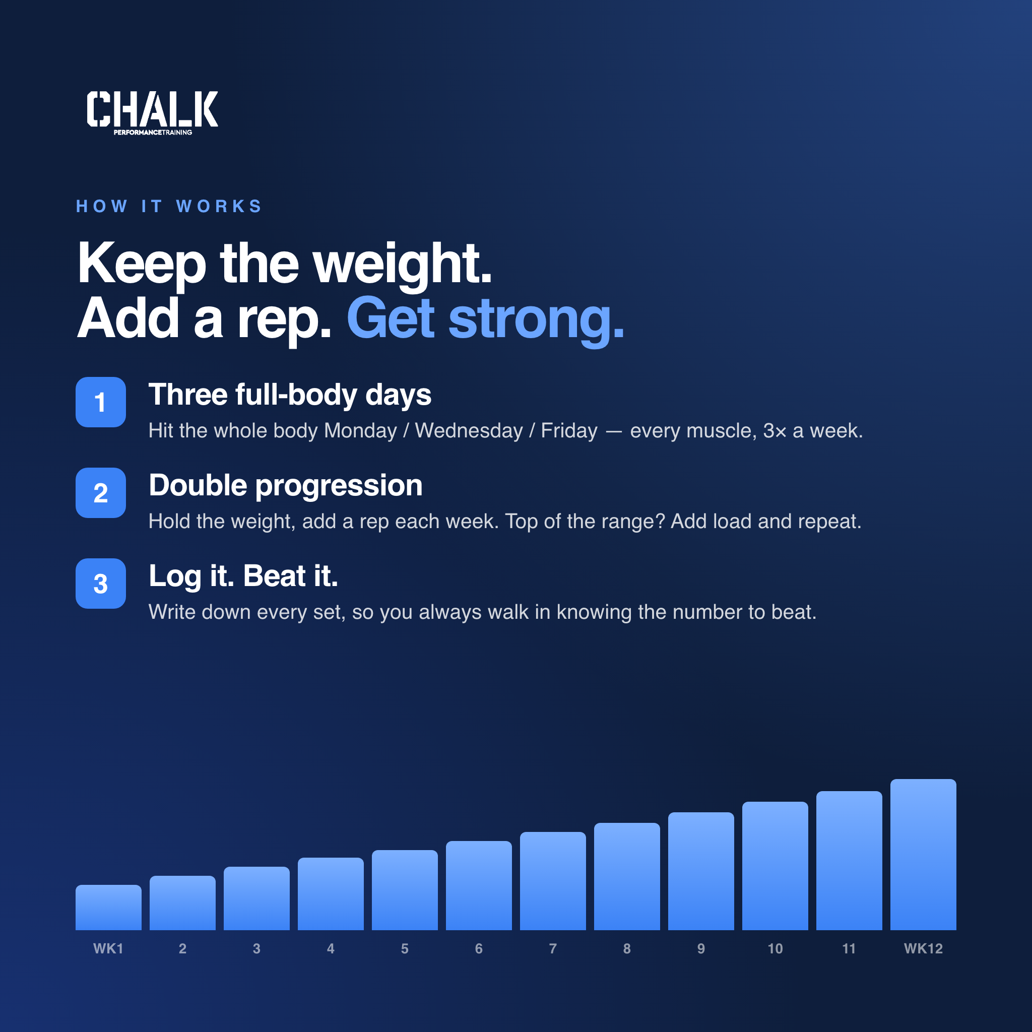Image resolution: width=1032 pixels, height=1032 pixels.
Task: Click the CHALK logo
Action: click(152, 113)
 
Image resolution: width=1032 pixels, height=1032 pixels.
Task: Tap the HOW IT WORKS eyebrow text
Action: click(169, 206)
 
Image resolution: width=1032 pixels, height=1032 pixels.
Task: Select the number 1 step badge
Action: click(100, 402)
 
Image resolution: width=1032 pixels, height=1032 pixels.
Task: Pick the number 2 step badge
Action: click(100, 492)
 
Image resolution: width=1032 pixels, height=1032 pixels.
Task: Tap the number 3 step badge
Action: click(100, 584)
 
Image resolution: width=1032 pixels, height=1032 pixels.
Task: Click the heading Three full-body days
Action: click(290, 395)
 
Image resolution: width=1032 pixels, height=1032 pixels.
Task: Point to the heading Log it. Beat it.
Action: click(243, 577)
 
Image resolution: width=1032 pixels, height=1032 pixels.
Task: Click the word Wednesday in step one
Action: click(469, 430)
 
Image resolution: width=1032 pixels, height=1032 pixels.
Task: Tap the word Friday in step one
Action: click(569, 430)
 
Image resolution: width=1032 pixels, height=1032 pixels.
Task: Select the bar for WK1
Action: click(108, 907)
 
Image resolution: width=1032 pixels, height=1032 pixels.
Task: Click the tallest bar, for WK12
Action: click(923, 854)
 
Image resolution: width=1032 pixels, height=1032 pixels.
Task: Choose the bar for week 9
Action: click(701, 871)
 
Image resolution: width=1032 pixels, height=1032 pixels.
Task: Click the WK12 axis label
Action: click(923, 949)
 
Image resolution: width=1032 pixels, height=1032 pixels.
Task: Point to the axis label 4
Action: click(331, 949)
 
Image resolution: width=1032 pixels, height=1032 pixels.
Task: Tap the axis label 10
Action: click(775, 949)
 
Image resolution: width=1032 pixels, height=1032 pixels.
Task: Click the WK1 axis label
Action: click(108, 949)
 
